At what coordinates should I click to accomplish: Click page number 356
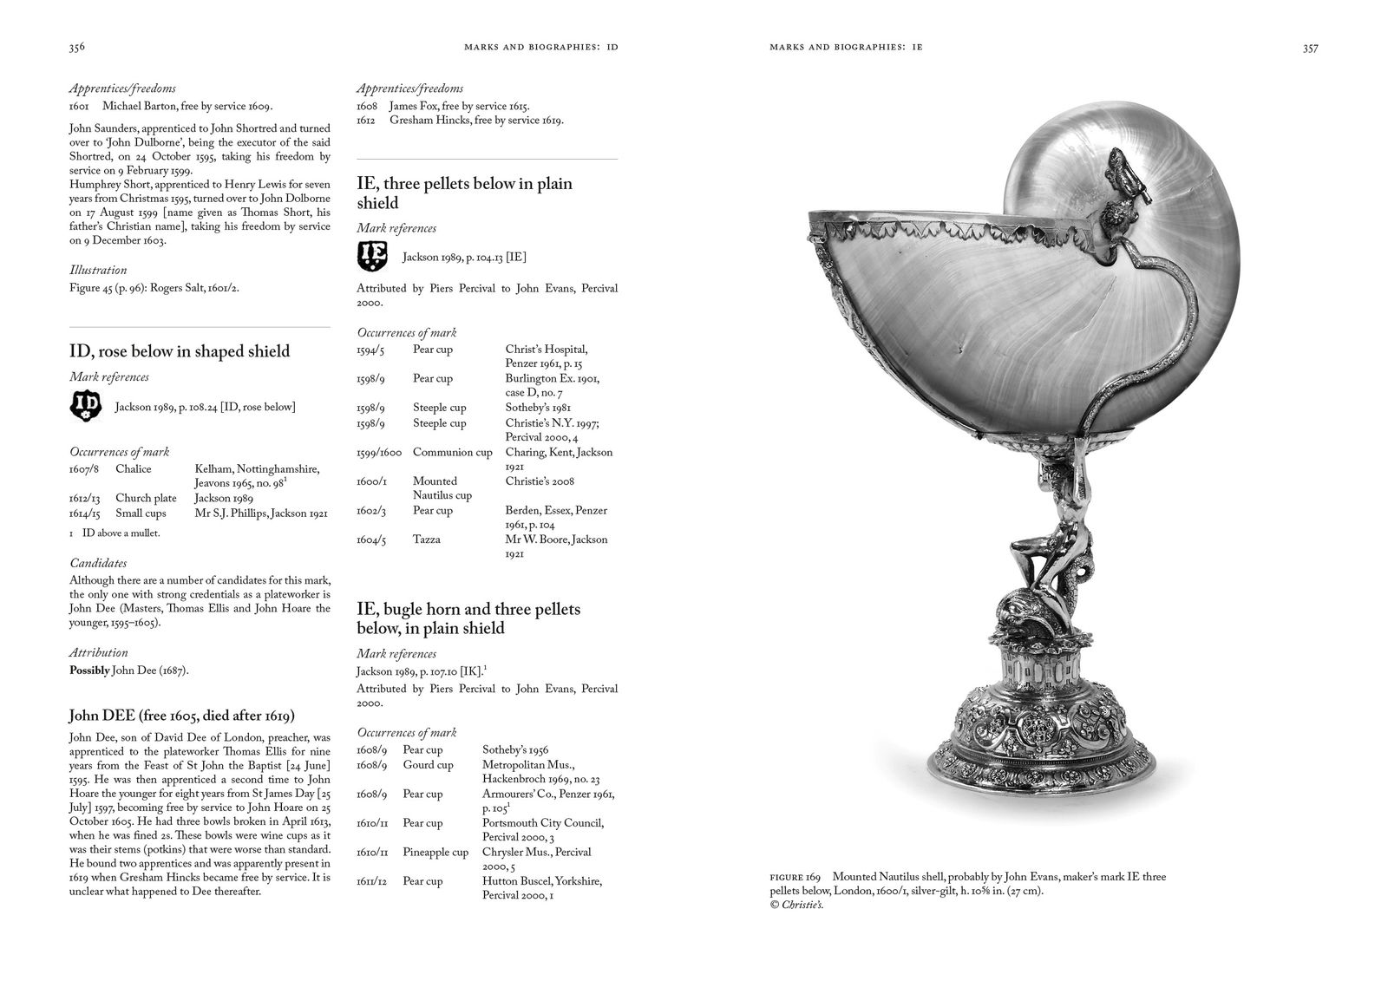point(76,48)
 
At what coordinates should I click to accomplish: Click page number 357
point(1310,48)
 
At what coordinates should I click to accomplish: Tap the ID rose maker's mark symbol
point(86,407)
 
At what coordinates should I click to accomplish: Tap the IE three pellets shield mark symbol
point(373,257)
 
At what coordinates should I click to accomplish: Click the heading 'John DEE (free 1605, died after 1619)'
point(181,716)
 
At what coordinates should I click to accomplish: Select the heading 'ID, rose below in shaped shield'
point(180,351)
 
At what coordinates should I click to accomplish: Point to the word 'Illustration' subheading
point(98,271)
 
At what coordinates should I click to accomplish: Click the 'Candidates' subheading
point(98,564)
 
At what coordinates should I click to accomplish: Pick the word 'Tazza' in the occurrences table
point(427,540)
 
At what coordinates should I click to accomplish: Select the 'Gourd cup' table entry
point(428,765)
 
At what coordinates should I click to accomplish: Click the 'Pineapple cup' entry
point(435,853)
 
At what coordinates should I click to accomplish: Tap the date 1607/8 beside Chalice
point(84,469)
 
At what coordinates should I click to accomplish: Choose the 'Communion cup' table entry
point(452,453)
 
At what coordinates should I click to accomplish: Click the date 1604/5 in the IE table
point(371,540)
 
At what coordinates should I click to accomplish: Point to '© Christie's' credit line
point(796,906)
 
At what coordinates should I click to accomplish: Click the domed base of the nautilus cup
point(1042,729)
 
